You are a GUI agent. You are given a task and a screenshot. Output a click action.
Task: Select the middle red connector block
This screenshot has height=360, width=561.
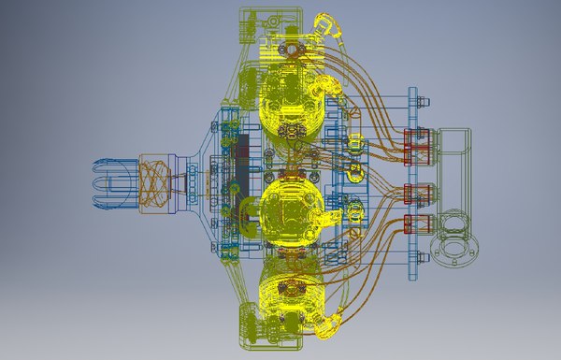point(417,194)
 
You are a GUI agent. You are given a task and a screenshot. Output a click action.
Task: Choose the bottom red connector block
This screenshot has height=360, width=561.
point(417,225)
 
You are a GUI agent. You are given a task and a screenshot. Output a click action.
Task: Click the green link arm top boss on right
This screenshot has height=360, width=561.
point(457,141)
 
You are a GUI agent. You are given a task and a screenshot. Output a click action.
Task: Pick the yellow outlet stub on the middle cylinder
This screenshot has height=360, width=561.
point(328,217)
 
